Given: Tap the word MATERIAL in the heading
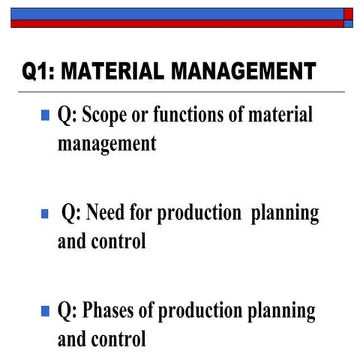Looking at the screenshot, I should point(112,72).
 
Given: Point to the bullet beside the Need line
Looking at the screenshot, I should point(45,214).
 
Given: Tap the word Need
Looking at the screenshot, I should point(107,213).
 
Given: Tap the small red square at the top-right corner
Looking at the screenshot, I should point(348,13).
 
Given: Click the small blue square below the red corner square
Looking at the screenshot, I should point(348,23).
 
